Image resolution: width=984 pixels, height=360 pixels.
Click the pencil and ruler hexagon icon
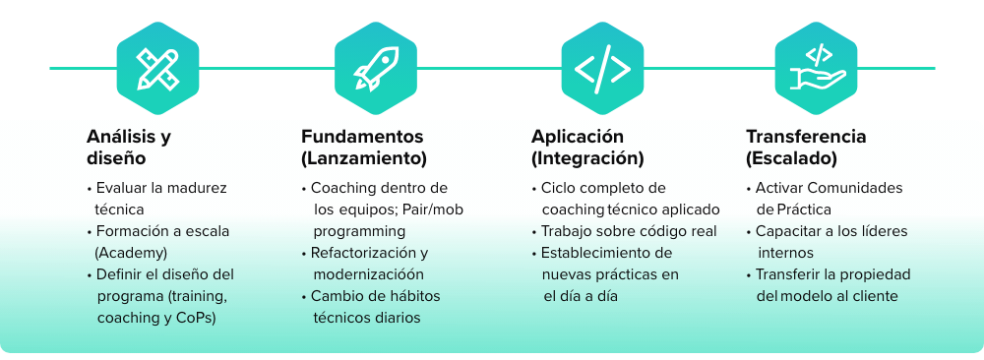[157, 67]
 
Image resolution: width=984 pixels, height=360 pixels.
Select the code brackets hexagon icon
[602, 67]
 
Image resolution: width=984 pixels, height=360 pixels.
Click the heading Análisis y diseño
[128, 147]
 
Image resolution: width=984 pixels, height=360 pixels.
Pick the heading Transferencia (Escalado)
[806, 147]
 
